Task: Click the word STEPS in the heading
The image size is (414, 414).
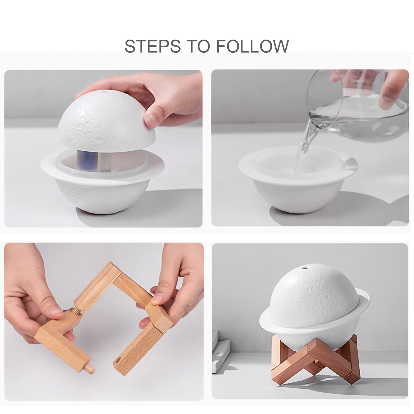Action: tap(152, 46)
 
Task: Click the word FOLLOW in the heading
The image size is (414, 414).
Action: tap(252, 46)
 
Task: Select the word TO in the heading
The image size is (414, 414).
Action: tap(198, 46)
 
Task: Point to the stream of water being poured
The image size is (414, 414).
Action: tap(307, 140)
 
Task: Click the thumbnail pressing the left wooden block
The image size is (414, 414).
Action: tap(55, 310)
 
